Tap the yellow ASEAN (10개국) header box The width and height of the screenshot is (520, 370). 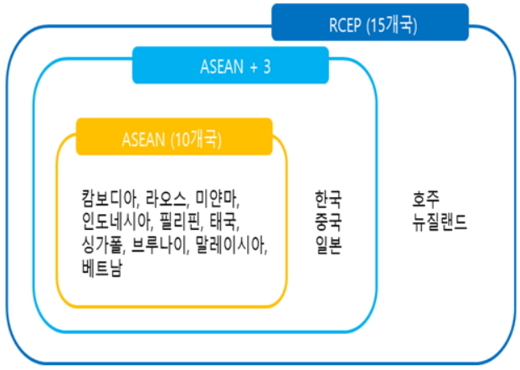[x=174, y=137]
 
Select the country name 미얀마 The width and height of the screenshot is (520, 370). [x=217, y=200]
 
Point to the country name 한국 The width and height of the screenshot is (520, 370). [x=328, y=200]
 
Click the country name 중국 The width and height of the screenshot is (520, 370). [x=328, y=223]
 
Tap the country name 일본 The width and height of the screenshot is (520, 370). [x=328, y=247]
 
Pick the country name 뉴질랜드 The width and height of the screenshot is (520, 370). [x=439, y=223]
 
